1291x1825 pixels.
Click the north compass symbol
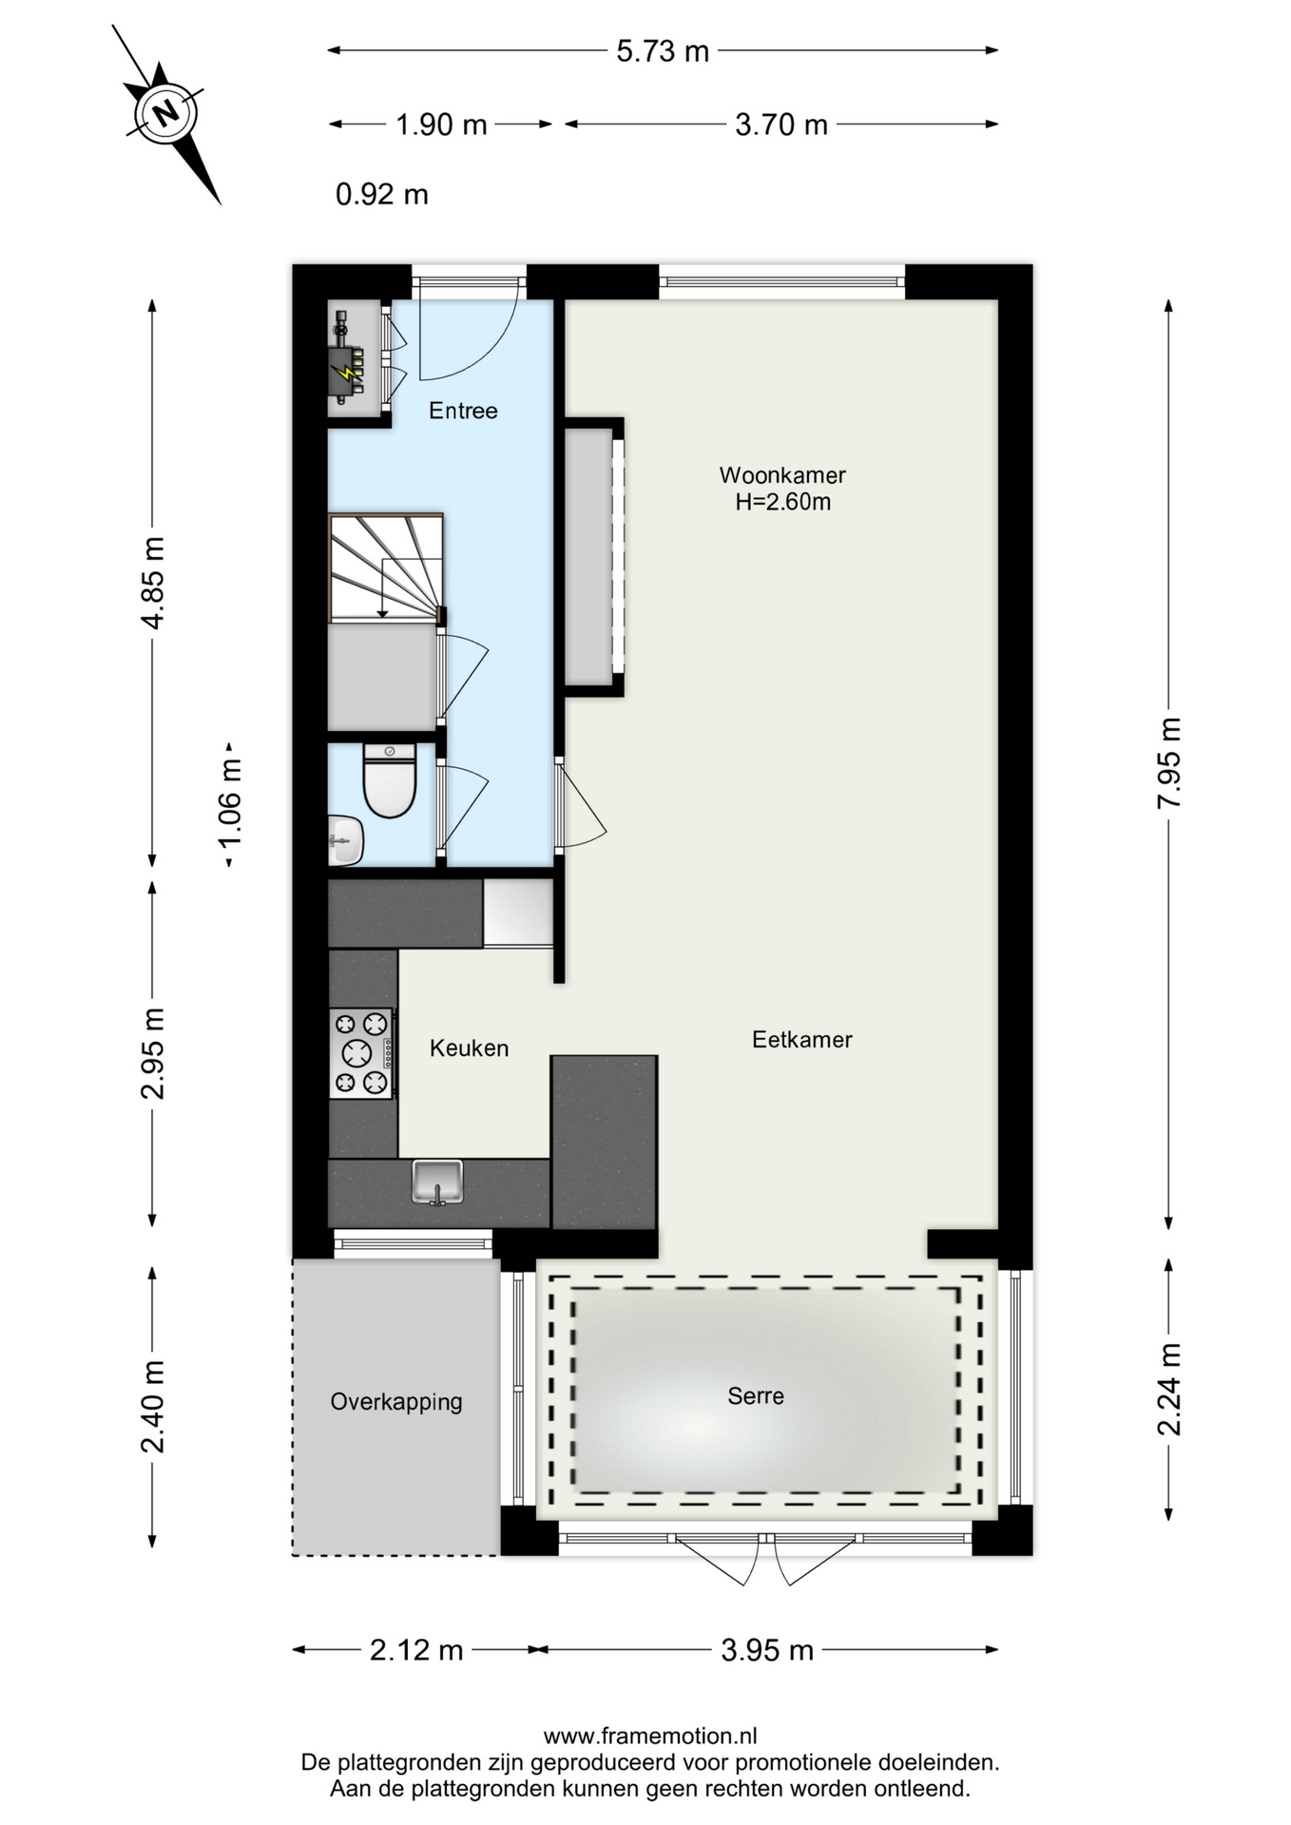pos(167,114)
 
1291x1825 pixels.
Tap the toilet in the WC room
pos(390,780)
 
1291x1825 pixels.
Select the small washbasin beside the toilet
pos(346,840)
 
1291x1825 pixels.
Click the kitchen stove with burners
pos(361,1053)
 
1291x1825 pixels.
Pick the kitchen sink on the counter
pos(437,1181)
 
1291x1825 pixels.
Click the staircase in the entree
pos(386,568)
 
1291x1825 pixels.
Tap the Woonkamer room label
pos(782,475)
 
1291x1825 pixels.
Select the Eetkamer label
pos(802,1040)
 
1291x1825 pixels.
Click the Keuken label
pos(469,1048)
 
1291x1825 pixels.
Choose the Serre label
pos(756,1396)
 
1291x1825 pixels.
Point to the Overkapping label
pos(396,1402)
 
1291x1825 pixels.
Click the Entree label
pos(463,411)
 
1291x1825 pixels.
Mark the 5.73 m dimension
pos(663,51)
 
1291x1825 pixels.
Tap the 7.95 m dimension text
pos(1169,763)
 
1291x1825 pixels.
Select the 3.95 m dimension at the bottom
pos(767,1650)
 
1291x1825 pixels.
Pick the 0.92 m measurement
pos(382,195)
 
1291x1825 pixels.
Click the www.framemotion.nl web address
pos(650,1736)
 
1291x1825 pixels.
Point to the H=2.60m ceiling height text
pos(782,502)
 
